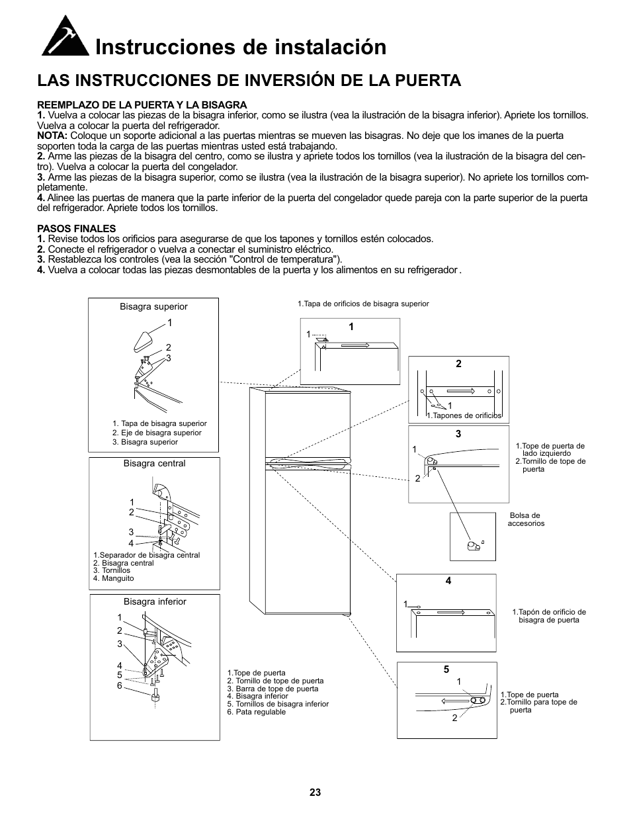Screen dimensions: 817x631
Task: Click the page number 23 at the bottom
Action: pos(315,793)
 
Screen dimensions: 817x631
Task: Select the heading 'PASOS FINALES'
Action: pos(77,229)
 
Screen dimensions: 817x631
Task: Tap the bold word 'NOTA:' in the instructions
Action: pos(52,136)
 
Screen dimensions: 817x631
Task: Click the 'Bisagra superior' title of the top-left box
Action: pos(153,307)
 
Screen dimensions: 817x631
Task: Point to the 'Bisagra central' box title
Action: pos(154,464)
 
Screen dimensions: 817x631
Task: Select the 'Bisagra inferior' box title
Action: pos(155,602)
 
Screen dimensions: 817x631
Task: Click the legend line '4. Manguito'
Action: pos(114,578)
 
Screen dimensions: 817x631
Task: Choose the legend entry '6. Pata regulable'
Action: pos(257,712)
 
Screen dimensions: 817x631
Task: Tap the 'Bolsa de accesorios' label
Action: pos(526,519)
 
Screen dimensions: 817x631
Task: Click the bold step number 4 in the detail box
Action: pos(448,581)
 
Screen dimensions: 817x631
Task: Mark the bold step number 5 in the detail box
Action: pos(446,669)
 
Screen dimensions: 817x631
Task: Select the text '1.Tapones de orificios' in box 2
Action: pos(464,416)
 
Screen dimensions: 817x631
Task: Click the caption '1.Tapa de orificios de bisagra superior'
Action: pos(363,304)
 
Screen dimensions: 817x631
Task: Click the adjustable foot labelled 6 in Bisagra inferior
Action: pos(157,696)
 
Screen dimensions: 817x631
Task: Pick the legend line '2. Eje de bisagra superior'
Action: pos(157,433)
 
